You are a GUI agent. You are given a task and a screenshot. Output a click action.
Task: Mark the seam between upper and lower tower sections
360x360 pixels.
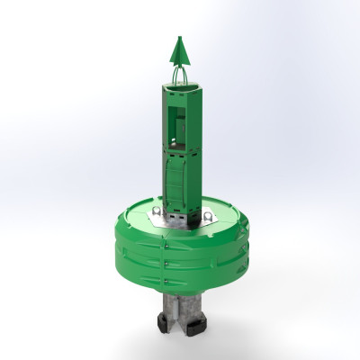(x=179, y=147)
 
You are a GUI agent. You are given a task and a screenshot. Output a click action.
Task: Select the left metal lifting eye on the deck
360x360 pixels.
(x=156, y=212)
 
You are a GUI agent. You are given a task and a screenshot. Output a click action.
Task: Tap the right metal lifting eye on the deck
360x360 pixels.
(x=208, y=216)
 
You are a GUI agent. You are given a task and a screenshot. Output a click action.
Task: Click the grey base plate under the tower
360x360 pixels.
(x=180, y=220)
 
